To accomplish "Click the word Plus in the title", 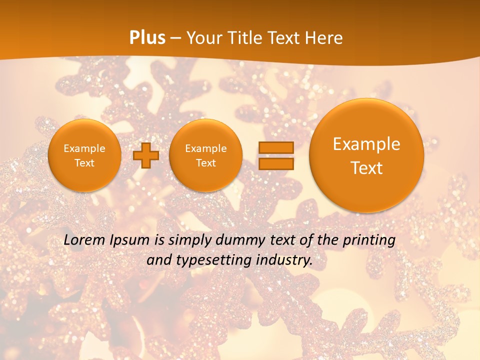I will tap(147, 38).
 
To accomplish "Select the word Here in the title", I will tap(324, 38).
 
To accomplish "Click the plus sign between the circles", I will tap(146, 155).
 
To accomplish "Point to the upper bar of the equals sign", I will tap(275, 147).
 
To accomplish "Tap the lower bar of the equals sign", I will tap(275, 164).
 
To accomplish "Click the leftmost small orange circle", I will tap(84, 155).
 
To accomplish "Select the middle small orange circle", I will tap(205, 155).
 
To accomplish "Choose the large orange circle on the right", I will tap(366, 155).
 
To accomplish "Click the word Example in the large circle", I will tap(366, 144).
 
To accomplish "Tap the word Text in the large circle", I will tap(366, 168).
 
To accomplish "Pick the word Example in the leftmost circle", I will tap(84, 148).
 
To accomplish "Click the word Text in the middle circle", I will tap(205, 163).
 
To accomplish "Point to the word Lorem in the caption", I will tap(84, 240).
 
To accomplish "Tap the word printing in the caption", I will tap(369, 240).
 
